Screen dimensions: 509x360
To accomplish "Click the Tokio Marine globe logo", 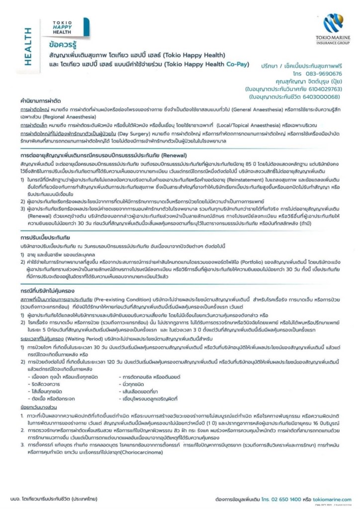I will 333,23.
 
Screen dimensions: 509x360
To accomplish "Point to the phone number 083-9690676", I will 321,73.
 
